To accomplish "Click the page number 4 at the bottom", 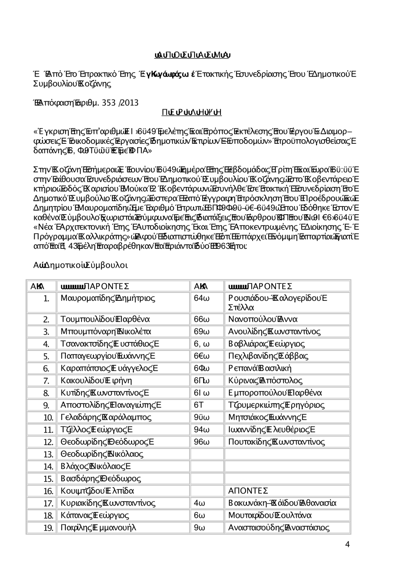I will [347, 544].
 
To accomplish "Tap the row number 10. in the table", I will [49, 418].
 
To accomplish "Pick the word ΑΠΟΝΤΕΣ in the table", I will [248, 491].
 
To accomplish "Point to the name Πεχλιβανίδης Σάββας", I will [268, 356].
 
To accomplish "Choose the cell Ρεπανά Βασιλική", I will [260, 368].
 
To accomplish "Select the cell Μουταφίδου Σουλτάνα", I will [270, 515].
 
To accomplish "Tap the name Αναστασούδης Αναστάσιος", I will [279, 528].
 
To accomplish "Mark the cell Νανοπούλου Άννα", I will [263, 319].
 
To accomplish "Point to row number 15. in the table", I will [49, 479].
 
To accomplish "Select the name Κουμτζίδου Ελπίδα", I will [97, 491].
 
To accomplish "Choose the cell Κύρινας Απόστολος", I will [265, 381].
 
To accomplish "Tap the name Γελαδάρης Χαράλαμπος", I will [106, 417].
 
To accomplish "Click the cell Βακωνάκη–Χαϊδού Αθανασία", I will [282, 503].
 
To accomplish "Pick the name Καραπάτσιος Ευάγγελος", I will [109, 368].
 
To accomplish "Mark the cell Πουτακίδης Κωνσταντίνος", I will [276, 442].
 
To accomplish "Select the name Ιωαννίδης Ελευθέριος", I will [272, 430].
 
